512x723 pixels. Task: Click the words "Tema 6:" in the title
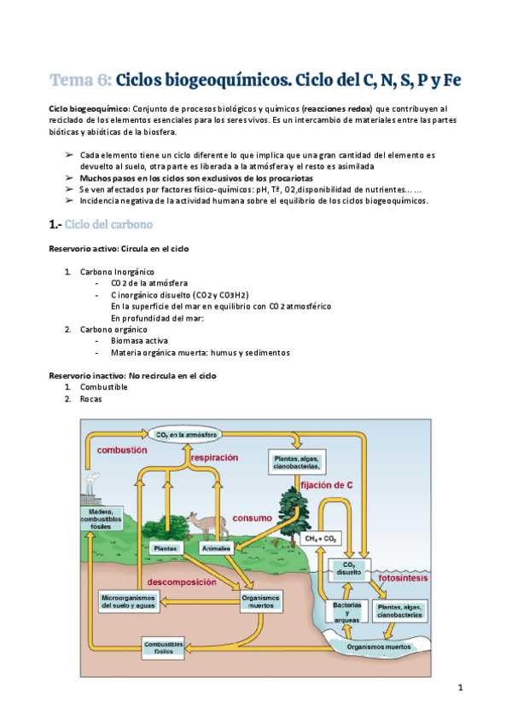80,80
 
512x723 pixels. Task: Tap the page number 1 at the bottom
459,687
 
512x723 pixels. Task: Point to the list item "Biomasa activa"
139,339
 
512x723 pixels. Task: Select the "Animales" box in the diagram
215,548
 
